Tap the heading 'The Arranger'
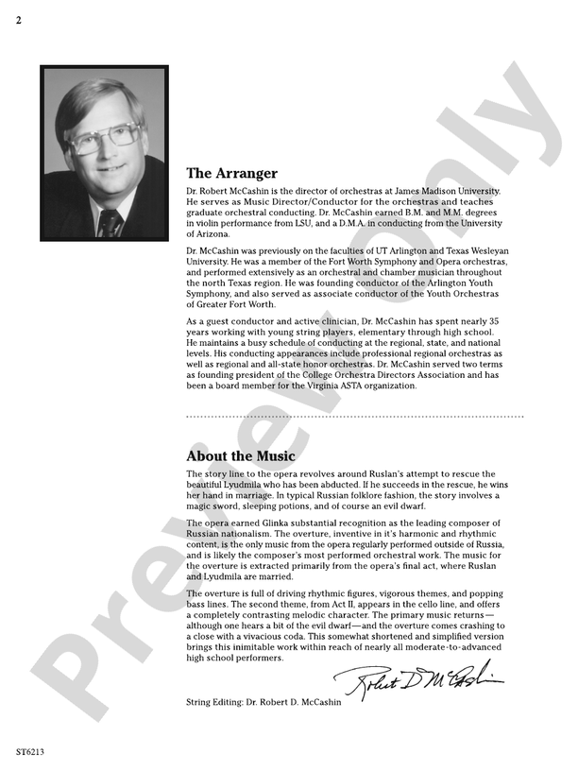coord(231,173)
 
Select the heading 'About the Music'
coord(240,455)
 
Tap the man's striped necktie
coord(111,223)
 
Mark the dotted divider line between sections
coord(354,416)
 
